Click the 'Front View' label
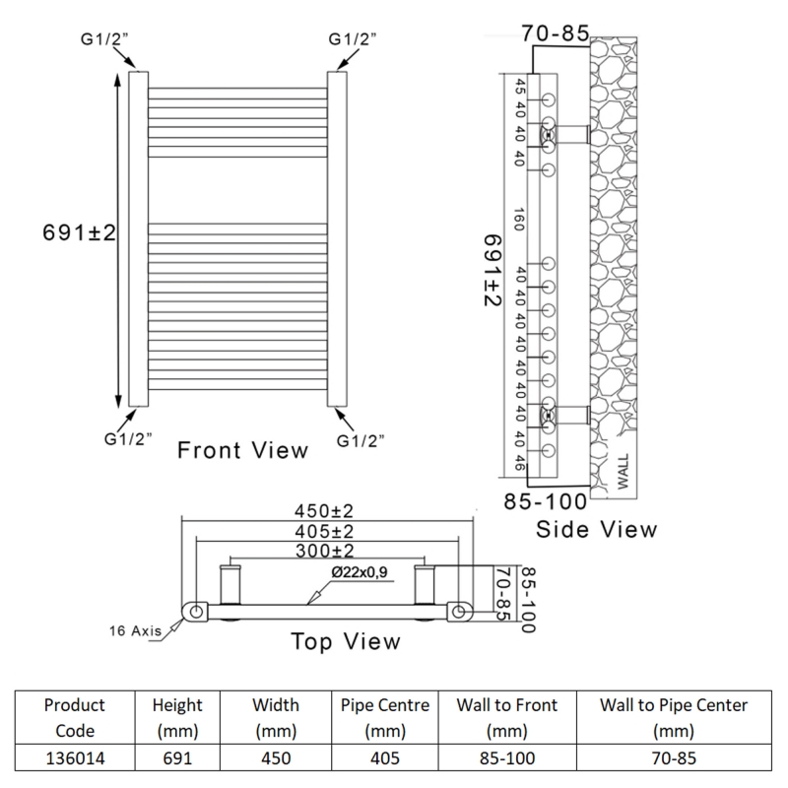(242, 450)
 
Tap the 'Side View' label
(596, 529)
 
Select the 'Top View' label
(346, 641)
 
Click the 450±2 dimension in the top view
(325, 513)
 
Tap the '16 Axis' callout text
(134, 631)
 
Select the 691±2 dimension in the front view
(80, 233)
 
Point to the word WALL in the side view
(623, 470)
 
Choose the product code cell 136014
(76, 759)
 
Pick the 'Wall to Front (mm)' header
(506, 718)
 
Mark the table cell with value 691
(177, 759)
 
